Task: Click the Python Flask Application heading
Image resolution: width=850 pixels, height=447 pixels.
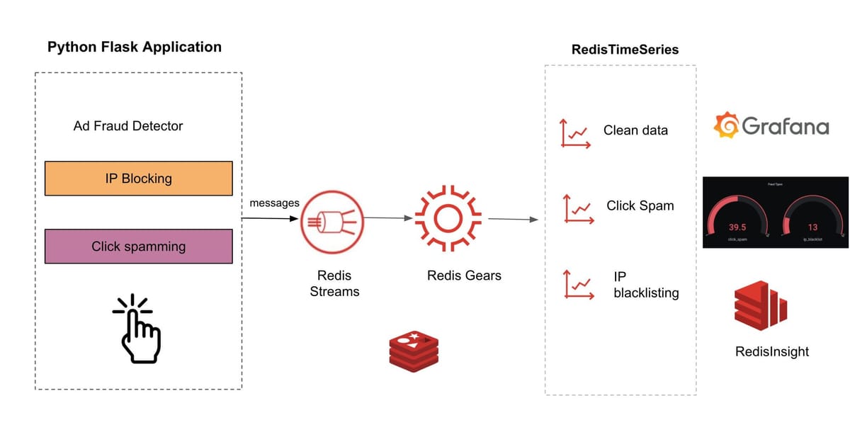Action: pos(134,47)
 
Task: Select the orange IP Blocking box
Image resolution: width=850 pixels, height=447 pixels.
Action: pos(138,179)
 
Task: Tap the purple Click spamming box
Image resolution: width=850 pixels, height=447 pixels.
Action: pos(138,247)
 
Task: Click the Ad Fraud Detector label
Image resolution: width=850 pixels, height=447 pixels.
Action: pos(128,126)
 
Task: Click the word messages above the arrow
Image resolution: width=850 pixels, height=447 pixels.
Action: pos(274,203)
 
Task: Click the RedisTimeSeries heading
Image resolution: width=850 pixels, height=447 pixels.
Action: pos(625,50)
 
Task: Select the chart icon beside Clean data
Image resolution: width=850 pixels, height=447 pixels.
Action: pos(574,132)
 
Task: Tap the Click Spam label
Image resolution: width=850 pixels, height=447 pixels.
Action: pos(640,206)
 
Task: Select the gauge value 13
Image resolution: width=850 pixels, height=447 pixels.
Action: pos(812,227)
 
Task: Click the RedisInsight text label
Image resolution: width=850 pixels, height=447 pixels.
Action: pos(772,351)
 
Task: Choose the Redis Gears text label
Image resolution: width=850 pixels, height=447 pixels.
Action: pos(463,276)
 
